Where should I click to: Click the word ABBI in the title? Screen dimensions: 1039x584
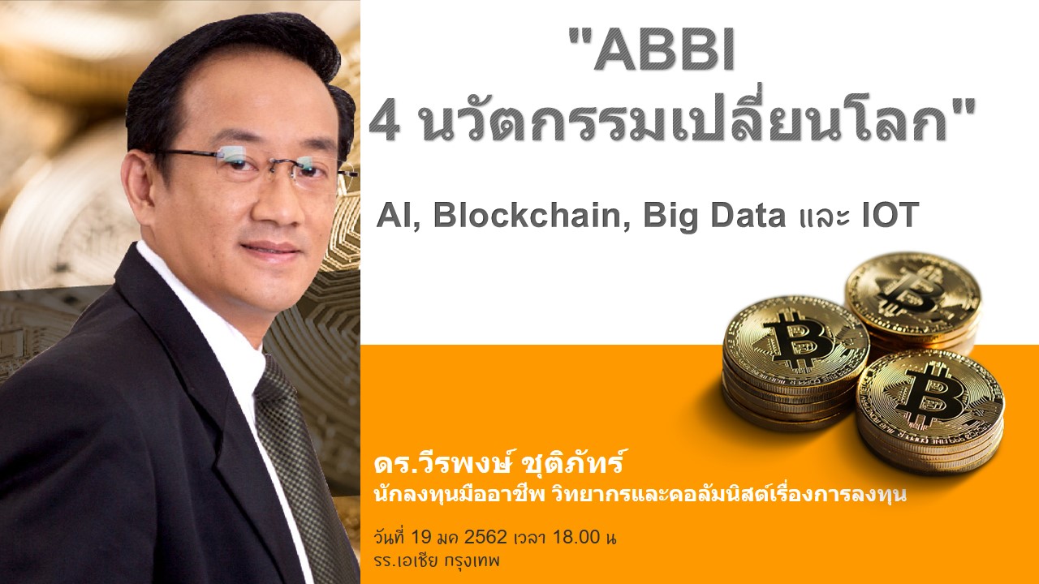tap(664, 50)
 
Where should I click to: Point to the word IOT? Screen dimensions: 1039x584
tap(890, 215)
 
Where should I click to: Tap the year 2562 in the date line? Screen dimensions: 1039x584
tap(485, 537)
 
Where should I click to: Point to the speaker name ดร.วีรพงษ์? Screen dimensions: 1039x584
tap(440, 463)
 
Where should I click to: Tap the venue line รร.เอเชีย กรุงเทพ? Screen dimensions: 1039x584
tap(437, 560)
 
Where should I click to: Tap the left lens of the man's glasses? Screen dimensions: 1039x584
tap(239, 165)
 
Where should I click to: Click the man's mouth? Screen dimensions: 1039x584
tap(270, 251)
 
